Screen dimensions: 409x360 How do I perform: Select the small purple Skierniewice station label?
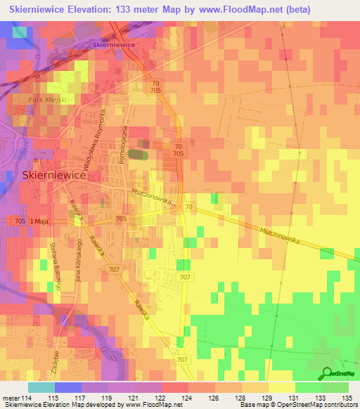(x=114, y=44)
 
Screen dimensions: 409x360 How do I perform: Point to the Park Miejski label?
(x=46, y=100)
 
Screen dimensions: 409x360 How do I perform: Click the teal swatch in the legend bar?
(x=41, y=387)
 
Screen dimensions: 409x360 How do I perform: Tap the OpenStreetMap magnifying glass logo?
(x=327, y=374)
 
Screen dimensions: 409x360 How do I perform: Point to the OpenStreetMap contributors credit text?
(x=315, y=405)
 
